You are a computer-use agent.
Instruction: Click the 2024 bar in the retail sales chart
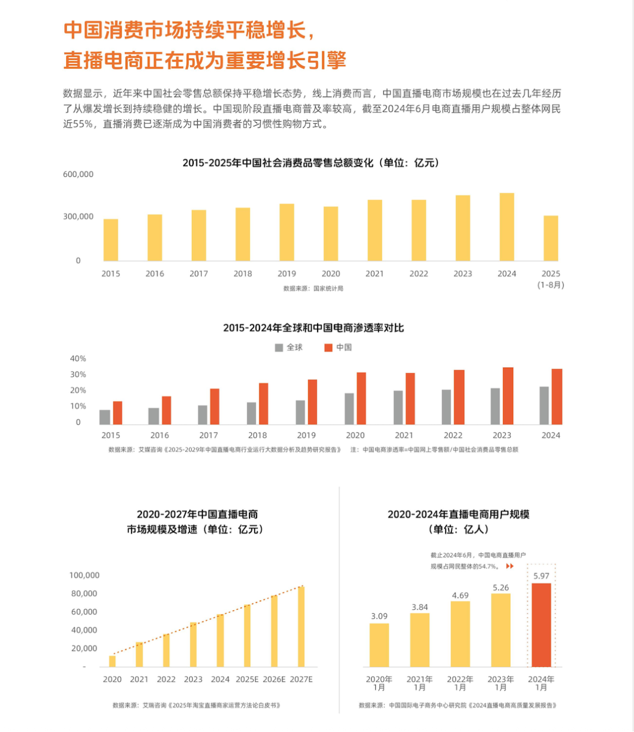pos(507,227)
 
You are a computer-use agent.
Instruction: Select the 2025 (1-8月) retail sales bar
pos(551,238)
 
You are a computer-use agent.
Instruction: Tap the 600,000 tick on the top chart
pos(78,174)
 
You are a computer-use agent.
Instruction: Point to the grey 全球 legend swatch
pos(279,348)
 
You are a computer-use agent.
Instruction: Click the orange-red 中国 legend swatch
pos(328,348)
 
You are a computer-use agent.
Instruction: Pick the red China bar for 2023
pos(508,396)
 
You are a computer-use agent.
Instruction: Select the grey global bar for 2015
pos(105,417)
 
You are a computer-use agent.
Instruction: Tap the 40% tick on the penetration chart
pos(78,358)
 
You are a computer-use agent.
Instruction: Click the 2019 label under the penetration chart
pos(306,435)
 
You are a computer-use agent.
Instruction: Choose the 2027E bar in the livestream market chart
pos(301,626)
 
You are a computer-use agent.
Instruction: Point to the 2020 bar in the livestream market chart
pos(112,661)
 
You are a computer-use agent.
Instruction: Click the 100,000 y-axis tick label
pos(85,575)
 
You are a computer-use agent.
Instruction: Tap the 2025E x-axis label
pos(247,679)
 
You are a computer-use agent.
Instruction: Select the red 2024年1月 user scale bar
pos(541,624)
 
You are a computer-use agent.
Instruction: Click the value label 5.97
pos(541,576)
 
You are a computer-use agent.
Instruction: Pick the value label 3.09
pos(379,616)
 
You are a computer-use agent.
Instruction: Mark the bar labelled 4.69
pos(460,634)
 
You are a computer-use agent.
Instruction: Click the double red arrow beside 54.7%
pos(510,566)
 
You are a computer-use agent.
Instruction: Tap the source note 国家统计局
pos(313,288)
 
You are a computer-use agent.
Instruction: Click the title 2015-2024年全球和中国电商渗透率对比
pos(313,328)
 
